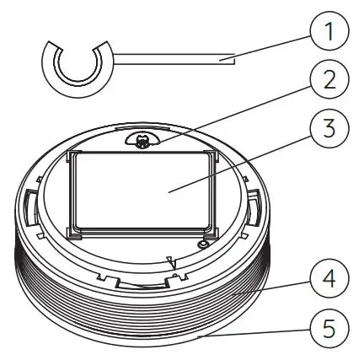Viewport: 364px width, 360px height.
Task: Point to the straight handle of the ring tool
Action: click(169, 58)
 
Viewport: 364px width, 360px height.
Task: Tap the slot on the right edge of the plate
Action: click(253, 202)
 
